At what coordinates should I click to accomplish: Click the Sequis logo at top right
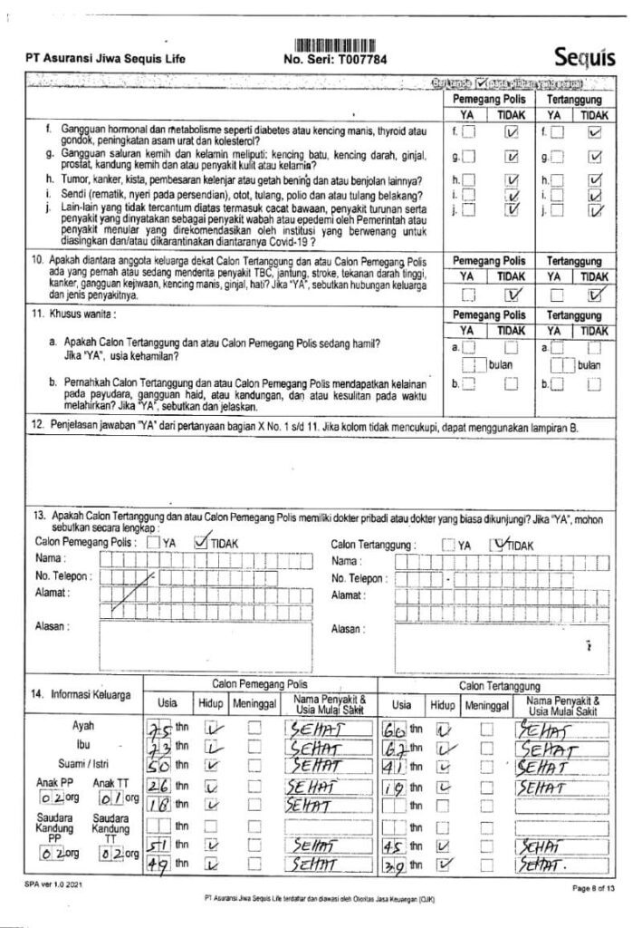click(x=584, y=57)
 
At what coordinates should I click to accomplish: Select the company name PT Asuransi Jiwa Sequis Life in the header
click(x=106, y=60)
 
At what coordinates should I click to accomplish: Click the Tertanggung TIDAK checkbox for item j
click(x=595, y=211)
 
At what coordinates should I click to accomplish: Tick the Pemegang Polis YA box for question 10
click(x=468, y=293)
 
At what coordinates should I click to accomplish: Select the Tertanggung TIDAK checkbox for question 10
click(x=595, y=292)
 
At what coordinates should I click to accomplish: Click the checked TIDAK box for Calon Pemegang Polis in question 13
click(x=200, y=543)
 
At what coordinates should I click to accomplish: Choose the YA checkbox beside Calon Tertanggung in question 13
click(x=448, y=545)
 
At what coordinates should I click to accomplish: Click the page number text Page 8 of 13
click(x=594, y=890)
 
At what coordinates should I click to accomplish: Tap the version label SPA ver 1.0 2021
click(x=46, y=882)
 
